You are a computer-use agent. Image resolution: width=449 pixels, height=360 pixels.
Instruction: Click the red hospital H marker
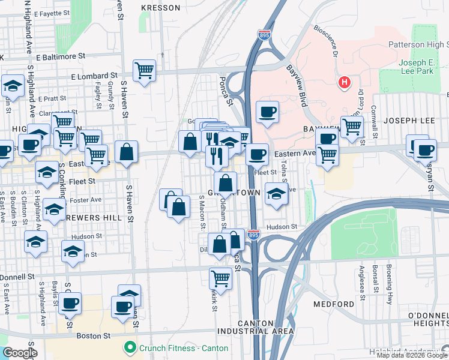[344, 83]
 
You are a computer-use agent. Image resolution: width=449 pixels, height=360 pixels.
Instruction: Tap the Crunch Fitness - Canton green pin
[128, 347]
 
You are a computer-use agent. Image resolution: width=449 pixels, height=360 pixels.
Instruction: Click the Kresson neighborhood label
[160, 8]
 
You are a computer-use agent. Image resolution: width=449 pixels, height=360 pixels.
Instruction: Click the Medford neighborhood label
[334, 304]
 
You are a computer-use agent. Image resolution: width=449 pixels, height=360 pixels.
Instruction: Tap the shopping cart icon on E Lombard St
[144, 71]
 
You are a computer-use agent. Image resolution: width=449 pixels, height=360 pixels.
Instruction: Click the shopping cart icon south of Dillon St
[220, 278]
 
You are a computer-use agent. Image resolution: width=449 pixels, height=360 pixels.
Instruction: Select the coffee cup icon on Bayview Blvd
[267, 112]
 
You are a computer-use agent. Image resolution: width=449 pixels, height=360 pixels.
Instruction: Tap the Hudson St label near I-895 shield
[282, 227]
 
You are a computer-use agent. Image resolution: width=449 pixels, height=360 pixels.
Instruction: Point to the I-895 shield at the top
[264, 35]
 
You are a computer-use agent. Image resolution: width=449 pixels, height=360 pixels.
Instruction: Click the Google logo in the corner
[19, 353]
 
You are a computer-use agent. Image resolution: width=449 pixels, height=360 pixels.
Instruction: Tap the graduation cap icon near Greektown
[276, 194]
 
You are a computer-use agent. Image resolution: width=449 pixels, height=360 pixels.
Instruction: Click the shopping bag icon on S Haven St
[127, 152]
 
